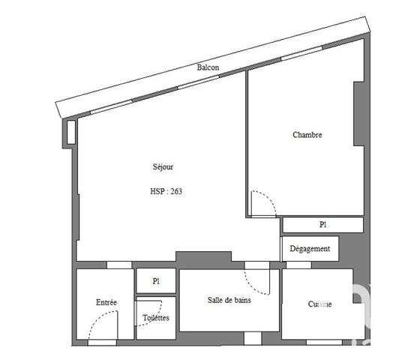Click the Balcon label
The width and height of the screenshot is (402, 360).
pos(208,67)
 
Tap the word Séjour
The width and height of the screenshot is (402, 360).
pos(163,167)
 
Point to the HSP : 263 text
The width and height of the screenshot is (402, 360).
pos(166,190)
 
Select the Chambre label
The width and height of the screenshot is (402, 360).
pos(307,135)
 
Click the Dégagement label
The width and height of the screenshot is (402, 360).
pos(309,248)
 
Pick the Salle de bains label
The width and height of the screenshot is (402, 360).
pos(229,300)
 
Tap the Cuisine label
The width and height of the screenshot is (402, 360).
pos(320,304)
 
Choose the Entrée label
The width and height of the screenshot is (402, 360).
pos(106,302)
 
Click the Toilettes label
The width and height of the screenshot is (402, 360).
pos(156,318)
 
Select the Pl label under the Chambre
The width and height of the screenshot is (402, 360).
pos(322,224)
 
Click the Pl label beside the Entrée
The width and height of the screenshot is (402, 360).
pos(156,281)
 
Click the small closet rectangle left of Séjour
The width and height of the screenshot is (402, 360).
pos(71,132)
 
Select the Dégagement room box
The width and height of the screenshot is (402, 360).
pos(310,248)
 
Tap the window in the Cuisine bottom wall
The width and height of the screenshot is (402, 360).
pos(323,342)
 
